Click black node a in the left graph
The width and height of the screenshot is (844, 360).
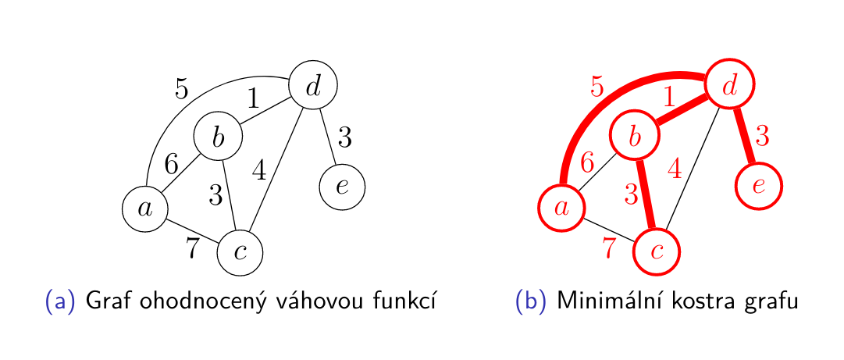click(x=145, y=209)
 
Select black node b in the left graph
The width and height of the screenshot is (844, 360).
click(x=218, y=137)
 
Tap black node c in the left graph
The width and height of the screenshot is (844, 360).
click(x=240, y=252)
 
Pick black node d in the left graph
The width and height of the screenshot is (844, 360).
click(x=313, y=85)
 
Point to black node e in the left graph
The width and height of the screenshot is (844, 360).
click(x=342, y=187)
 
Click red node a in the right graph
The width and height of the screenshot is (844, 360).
click(x=561, y=209)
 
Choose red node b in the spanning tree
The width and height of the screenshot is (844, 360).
click(x=634, y=137)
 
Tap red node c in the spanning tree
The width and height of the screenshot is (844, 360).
click(x=657, y=251)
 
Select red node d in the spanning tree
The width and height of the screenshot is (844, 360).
click(x=729, y=85)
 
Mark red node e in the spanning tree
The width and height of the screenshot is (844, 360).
click(x=758, y=187)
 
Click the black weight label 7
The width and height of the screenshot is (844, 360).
click(x=193, y=248)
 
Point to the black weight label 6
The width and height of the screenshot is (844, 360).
click(x=172, y=163)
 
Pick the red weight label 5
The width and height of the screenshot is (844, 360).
click(x=597, y=87)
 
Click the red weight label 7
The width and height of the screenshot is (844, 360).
click(x=610, y=248)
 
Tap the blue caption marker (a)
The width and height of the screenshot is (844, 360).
click(x=60, y=301)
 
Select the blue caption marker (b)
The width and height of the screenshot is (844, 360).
click(x=532, y=301)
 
